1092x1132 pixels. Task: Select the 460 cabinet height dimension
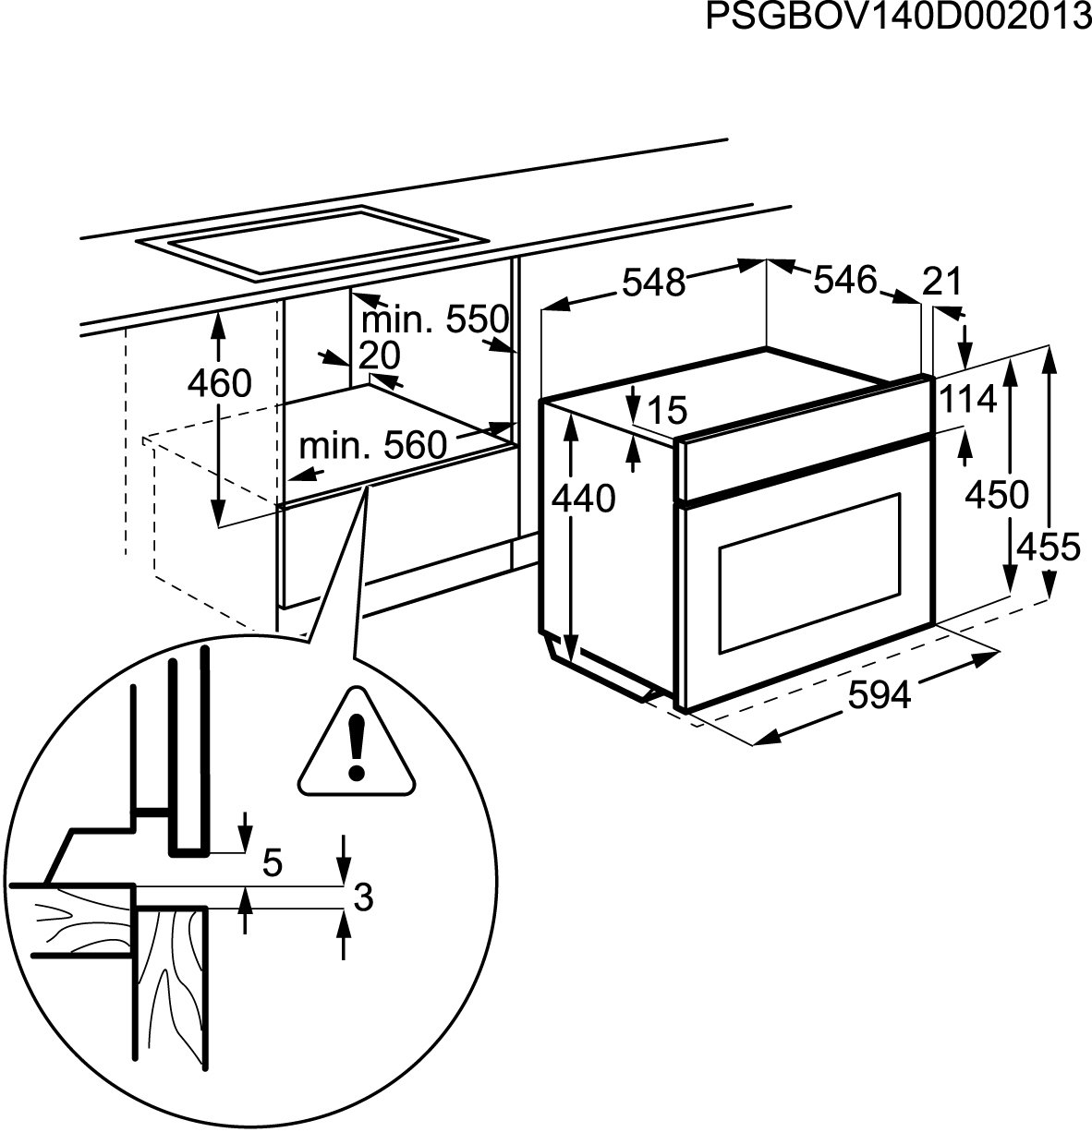click(219, 382)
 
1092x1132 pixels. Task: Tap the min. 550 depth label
click(434, 319)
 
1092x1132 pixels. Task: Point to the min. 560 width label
click(372, 446)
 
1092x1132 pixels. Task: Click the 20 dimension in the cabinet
click(379, 355)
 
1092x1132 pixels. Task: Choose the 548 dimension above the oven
click(653, 283)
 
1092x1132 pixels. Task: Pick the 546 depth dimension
click(843, 279)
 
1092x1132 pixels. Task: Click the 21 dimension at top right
click(942, 281)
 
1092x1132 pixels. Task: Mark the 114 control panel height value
click(969, 401)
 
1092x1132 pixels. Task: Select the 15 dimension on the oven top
click(667, 411)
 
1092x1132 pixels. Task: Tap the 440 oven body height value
click(583, 500)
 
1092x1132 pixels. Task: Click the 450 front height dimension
click(996, 496)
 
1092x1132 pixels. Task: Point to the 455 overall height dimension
click(1048, 548)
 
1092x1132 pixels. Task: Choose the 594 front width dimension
click(880, 695)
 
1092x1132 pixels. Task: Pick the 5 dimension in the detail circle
click(272, 862)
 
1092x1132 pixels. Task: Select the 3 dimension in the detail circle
click(363, 897)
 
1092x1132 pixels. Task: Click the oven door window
click(807, 570)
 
